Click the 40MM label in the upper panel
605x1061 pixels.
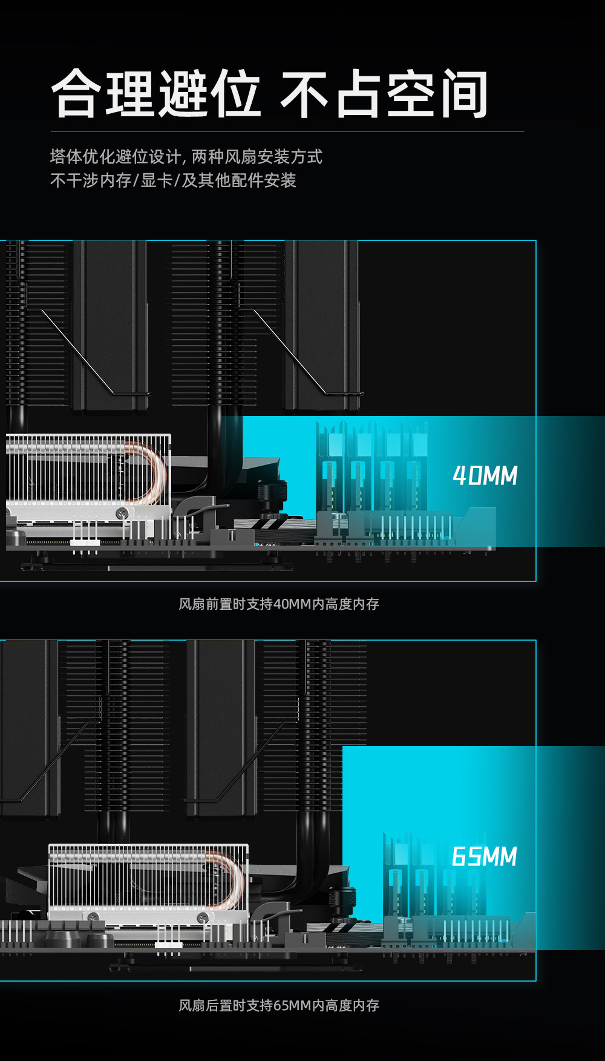pyautogui.click(x=485, y=476)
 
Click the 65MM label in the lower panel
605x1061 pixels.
pyautogui.click(x=485, y=857)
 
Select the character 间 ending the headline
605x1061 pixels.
pyautogui.click(x=463, y=94)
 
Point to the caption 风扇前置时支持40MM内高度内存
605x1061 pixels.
pyautogui.click(x=279, y=604)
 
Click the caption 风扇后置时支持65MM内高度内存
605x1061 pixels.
pyautogui.click(x=279, y=1005)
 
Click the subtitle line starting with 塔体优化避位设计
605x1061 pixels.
pyautogui.click(x=186, y=157)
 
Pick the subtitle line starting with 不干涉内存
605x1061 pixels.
pyautogui.click(x=173, y=180)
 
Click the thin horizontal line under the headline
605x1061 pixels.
pyautogui.click(x=287, y=131)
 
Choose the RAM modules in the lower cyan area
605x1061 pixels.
pyautogui.click(x=417, y=878)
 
